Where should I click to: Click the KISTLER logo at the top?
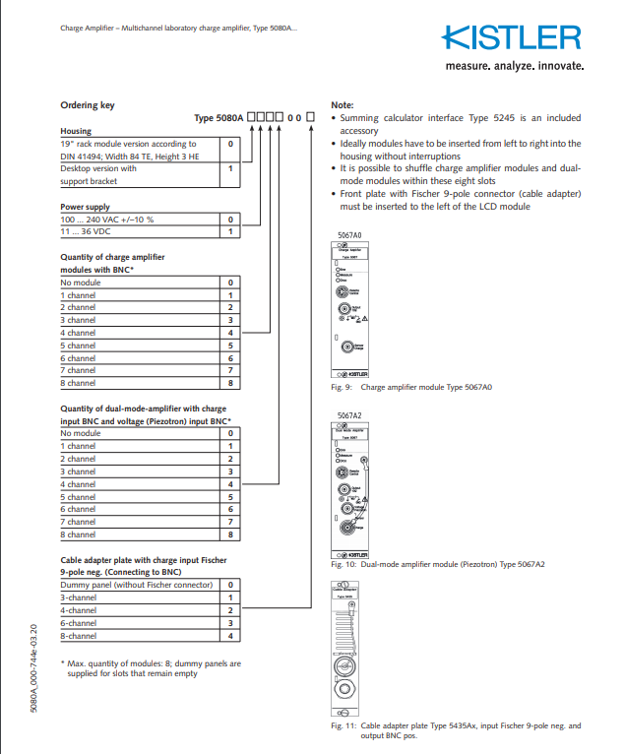[x=512, y=37]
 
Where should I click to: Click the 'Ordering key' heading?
[x=88, y=104]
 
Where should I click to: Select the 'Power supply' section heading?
[x=85, y=207]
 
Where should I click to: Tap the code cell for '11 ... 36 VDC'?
[x=229, y=232]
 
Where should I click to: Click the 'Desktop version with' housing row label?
[x=98, y=168]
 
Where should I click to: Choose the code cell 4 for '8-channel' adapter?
[x=229, y=635]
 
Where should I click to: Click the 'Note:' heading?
[x=342, y=104]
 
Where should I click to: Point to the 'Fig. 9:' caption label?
[x=340, y=387]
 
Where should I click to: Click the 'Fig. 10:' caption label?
[x=342, y=592]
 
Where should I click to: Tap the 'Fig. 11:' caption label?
[x=342, y=725]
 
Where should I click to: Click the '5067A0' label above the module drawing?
[x=349, y=234]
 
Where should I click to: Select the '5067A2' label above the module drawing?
[x=349, y=416]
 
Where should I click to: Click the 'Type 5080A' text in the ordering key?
[x=218, y=118]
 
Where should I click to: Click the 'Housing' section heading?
[x=76, y=131]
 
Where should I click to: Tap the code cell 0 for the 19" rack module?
[x=229, y=144]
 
